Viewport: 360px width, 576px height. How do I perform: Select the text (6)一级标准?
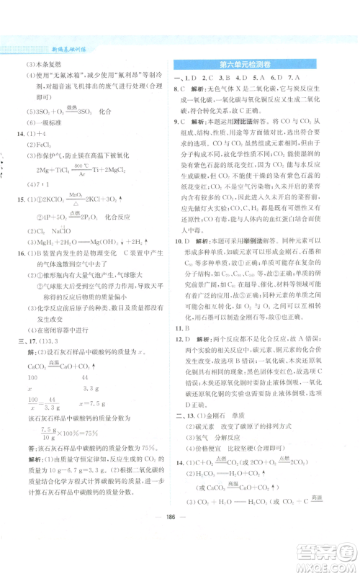45,122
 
